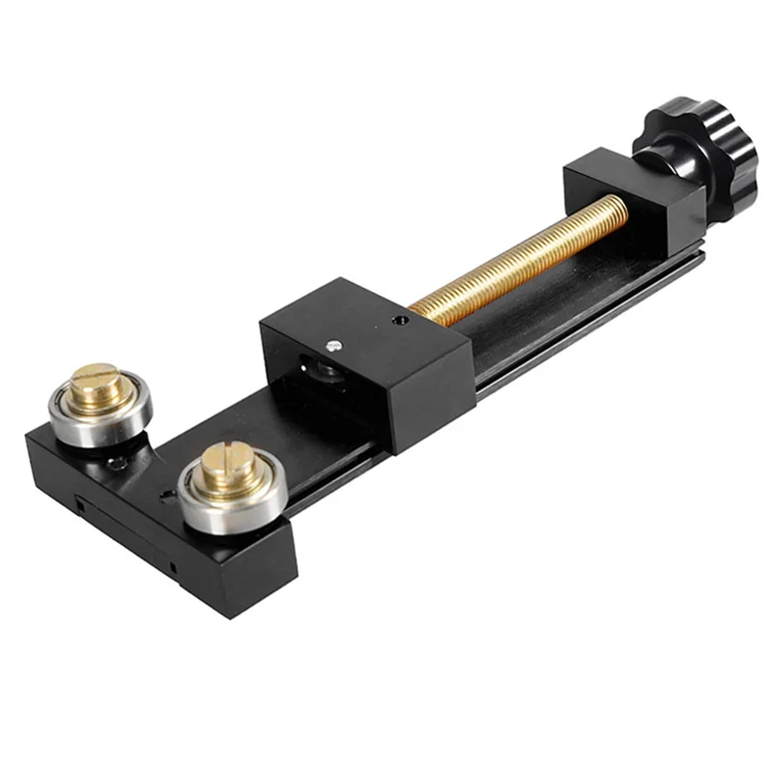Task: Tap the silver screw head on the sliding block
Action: click(333, 345)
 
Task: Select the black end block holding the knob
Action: click(633, 203)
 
